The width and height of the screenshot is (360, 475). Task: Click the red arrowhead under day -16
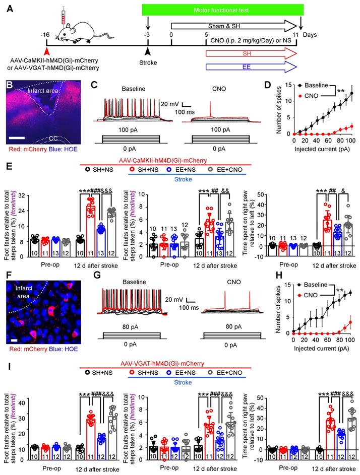[47, 50]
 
